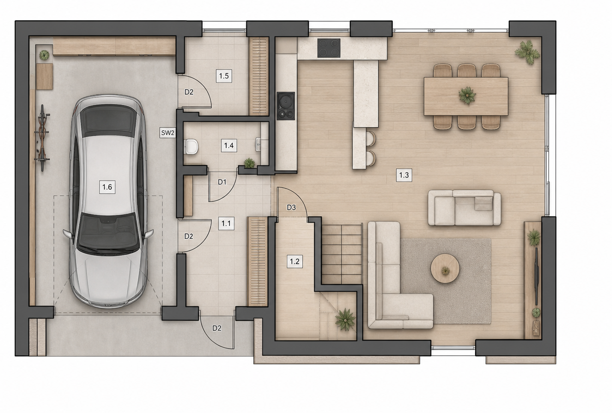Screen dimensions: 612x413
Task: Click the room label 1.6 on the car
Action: (x=107, y=187)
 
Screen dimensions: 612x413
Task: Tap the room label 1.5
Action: (x=224, y=76)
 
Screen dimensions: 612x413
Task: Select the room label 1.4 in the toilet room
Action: (x=229, y=145)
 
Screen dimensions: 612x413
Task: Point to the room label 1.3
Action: (x=404, y=175)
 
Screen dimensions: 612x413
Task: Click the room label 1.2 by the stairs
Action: (x=294, y=261)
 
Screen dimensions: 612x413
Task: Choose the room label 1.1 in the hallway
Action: (x=226, y=224)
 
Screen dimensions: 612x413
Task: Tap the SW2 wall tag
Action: (x=167, y=133)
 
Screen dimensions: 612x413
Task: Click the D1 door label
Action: (x=222, y=182)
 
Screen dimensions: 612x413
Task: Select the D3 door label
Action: (x=291, y=208)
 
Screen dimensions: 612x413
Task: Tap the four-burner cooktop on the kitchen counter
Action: (x=329, y=48)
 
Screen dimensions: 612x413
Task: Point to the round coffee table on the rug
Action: (x=445, y=268)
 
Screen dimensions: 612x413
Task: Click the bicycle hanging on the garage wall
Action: (x=42, y=138)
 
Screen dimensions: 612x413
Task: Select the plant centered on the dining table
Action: (x=467, y=95)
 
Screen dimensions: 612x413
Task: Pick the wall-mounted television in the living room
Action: (x=536, y=276)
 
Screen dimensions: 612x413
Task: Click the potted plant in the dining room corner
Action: (x=527, y=52)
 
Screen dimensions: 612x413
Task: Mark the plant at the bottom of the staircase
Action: (x=345, y=319)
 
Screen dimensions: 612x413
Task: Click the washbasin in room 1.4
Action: (x=259, y=144)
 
